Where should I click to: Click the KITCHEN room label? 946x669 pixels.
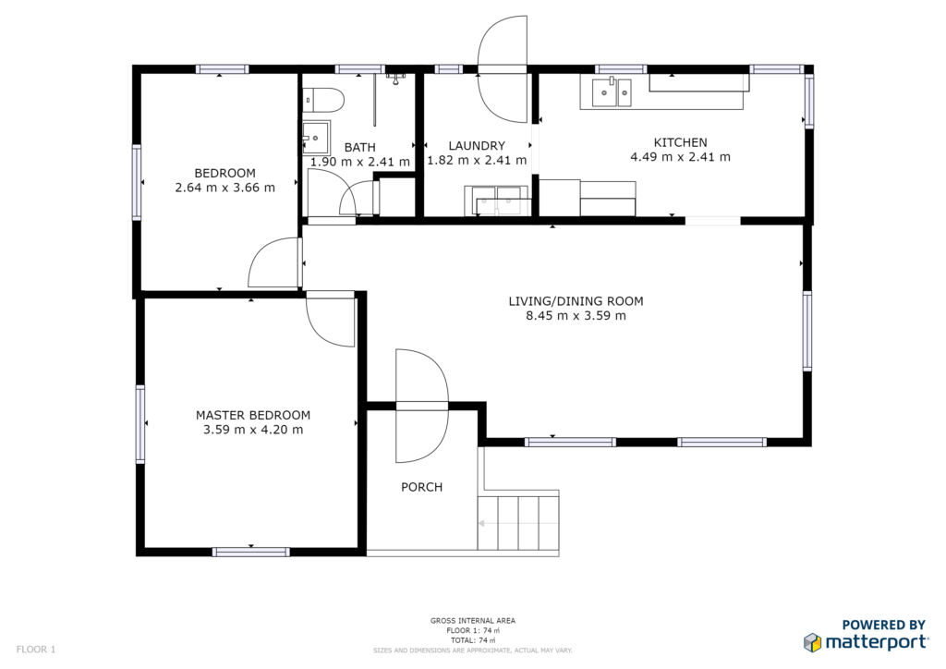click(680, 142)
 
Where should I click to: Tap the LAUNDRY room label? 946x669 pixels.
click(477, 145)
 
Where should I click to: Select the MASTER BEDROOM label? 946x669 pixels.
click(253, 415)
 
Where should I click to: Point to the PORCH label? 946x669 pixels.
click(421, 487)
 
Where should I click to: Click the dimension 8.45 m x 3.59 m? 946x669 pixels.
click(576, 315)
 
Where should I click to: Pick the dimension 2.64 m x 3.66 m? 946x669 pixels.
click(225, 188)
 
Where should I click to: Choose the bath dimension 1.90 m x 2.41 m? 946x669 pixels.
click(360, 162)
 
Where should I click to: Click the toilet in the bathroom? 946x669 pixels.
click(323, 100)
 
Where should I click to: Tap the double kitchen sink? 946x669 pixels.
click(612, 92)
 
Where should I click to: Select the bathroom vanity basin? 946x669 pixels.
click(317, 139)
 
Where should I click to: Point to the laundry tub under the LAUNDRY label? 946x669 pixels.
click(496, 201)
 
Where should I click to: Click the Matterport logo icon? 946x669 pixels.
click(813, 642)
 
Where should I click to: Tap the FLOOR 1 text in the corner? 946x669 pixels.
click(36, 650)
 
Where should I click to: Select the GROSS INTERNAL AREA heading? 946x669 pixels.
click(473, 621)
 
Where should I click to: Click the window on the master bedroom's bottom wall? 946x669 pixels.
click(251, 552)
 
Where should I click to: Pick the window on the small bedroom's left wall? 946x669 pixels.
click(137, 182)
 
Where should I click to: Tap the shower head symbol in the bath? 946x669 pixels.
click(395, 79)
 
